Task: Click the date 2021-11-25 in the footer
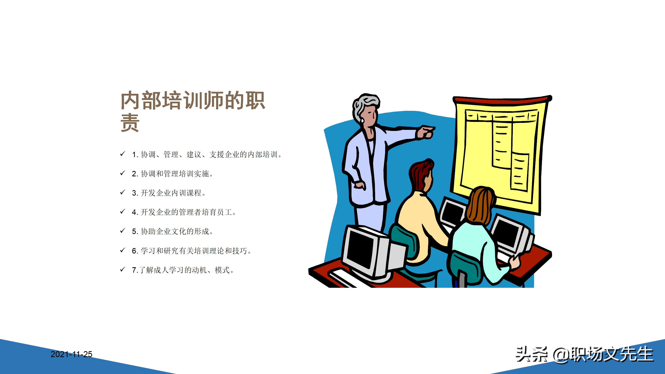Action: point(71,354)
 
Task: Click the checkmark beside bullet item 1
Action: point(123,154)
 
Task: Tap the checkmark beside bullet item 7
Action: point(123,270)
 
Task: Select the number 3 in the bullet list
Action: point(134,193)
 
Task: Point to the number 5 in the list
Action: point(134,231)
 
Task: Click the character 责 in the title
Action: point(130,123)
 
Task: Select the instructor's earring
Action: point(362,121)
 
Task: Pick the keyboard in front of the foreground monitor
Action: point(343,278)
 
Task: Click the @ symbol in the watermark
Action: point(561,355)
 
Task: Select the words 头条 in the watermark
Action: point(531,354)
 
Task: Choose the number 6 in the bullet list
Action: point(134,251)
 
